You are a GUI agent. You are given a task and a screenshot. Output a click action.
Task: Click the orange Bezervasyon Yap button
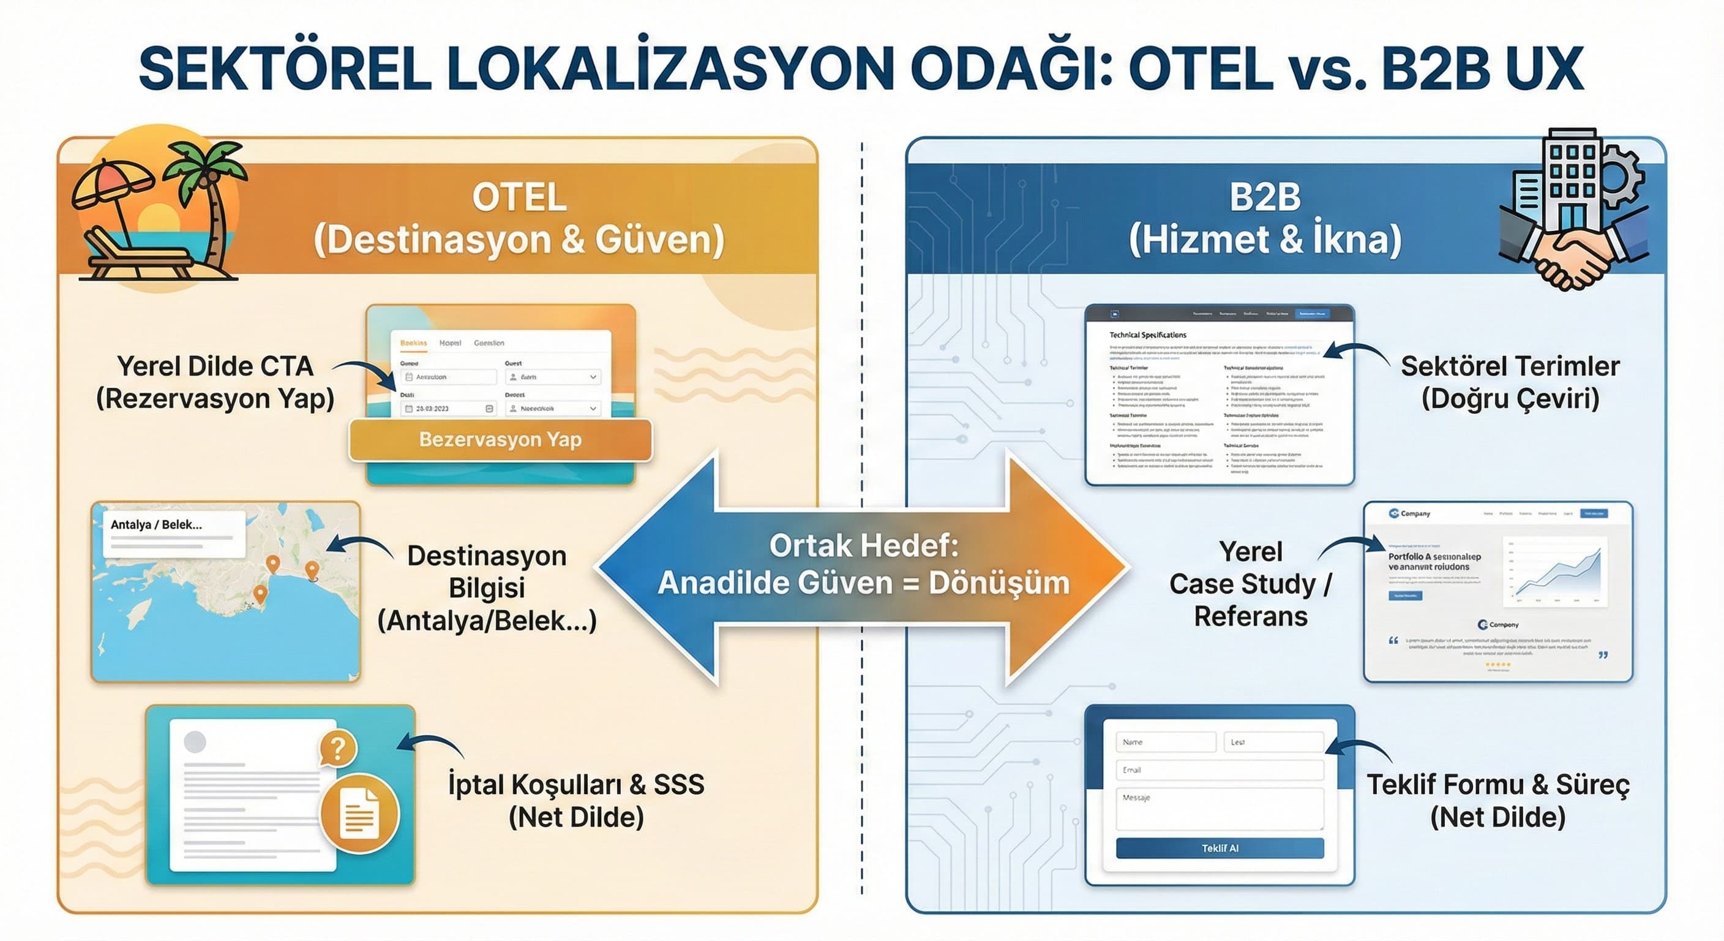500,440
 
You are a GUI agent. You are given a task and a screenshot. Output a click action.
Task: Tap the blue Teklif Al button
1220,848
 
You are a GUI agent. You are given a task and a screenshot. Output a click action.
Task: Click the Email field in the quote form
1220,769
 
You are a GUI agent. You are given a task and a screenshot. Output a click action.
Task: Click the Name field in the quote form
1165,742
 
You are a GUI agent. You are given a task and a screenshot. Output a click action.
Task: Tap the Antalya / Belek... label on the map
157,524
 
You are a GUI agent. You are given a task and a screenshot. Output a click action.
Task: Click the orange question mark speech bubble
338,747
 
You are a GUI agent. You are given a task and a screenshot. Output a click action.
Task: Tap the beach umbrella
110,187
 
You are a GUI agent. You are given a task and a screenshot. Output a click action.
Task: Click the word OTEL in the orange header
519,198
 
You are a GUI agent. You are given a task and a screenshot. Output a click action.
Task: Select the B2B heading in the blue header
1265,198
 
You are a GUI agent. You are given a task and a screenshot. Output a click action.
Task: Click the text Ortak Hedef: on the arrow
863,546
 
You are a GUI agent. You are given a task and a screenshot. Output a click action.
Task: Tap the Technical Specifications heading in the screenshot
1147,335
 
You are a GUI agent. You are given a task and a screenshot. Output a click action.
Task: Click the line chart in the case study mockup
1556,573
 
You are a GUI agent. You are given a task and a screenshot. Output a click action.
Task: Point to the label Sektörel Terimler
1510,366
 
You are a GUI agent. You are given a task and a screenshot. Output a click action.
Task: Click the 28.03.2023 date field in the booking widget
448,408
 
